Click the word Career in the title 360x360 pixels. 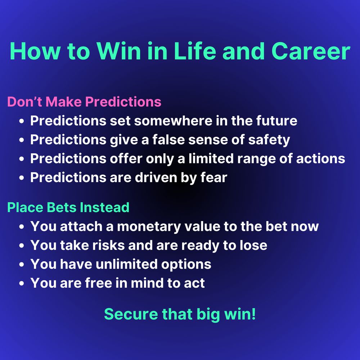click(x=311, y=51)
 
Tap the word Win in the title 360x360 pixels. click(x=119, y=51)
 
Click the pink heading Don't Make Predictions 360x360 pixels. click(x=84, y=102)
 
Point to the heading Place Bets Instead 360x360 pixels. click(x=68, y=207)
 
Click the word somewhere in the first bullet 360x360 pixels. click(x=173, y=121)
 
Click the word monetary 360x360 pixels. click(x=149, y=227)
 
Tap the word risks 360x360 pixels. click(x=108, y=245)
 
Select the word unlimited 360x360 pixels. click(x=126, y=264)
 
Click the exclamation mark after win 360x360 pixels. click(x=254, y=314)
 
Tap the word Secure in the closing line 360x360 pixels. click(x=131, y=314)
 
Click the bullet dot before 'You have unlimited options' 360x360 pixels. click(x=22, y=265)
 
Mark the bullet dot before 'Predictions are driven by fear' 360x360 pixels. click(x=22, y=178)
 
